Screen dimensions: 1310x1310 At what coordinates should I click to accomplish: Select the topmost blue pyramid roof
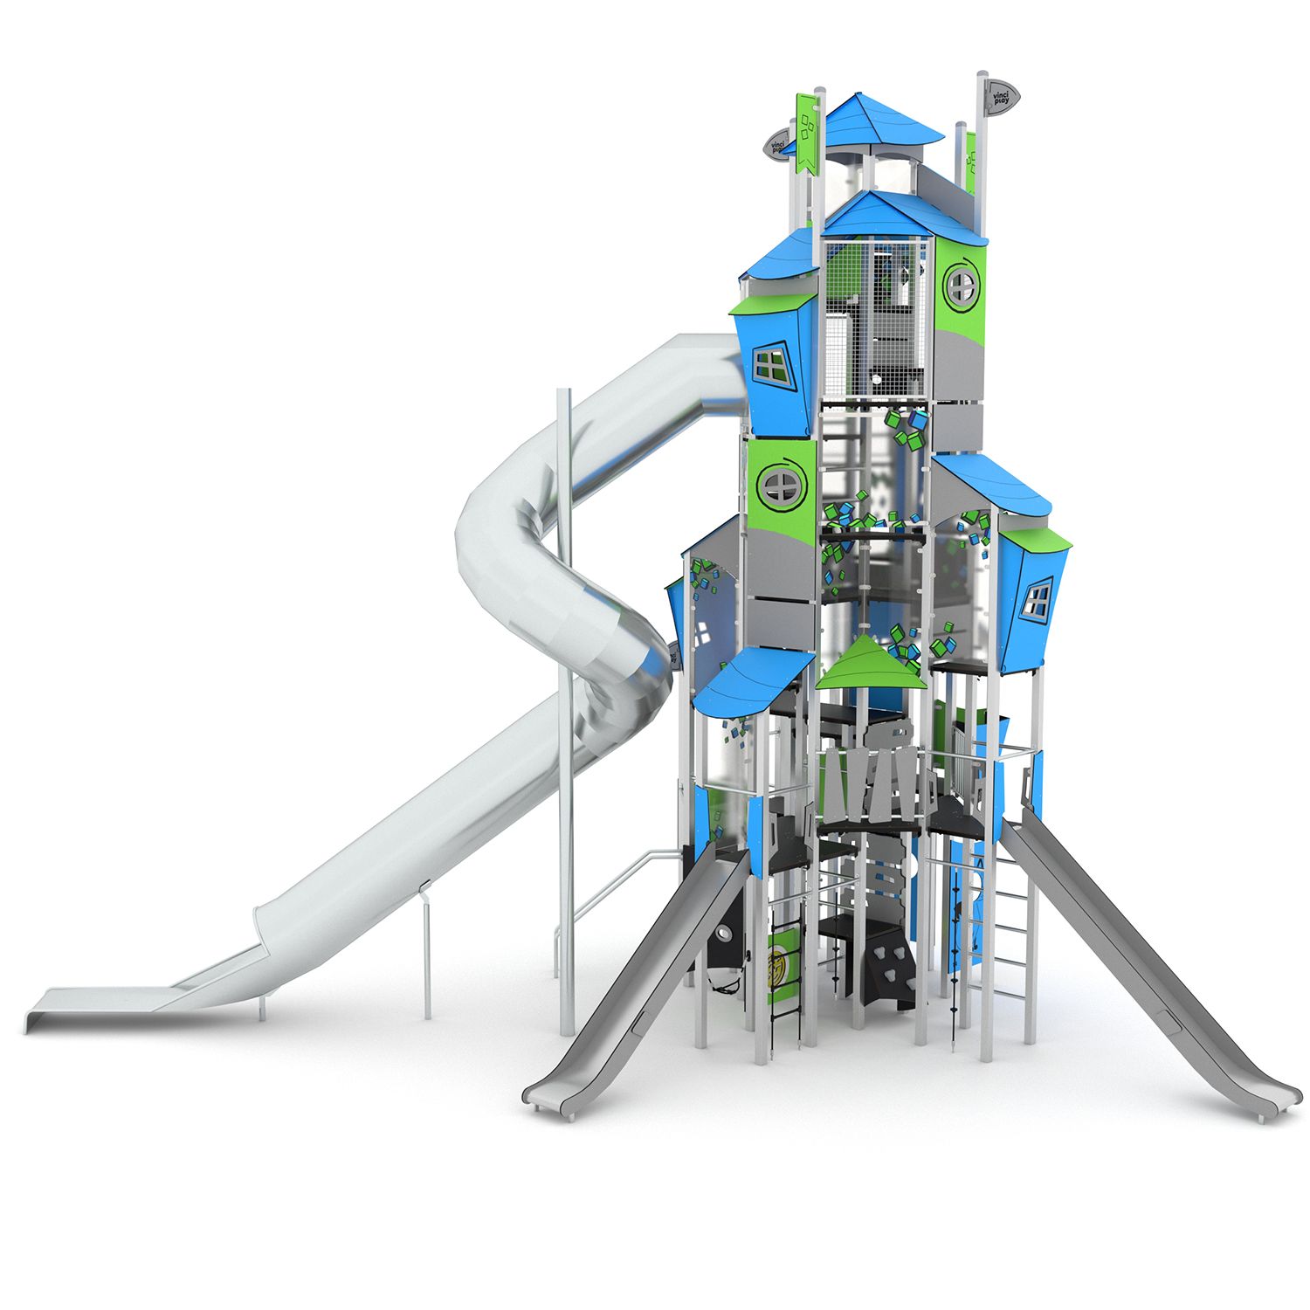click(882, 122)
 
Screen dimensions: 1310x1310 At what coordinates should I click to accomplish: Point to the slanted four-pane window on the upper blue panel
click(772, 365)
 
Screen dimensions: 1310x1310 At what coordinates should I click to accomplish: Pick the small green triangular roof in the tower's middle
click(869, 664)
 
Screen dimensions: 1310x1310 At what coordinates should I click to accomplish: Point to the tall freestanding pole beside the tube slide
click(566, 699)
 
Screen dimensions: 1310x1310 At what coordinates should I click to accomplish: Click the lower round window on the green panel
click(777, 485)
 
